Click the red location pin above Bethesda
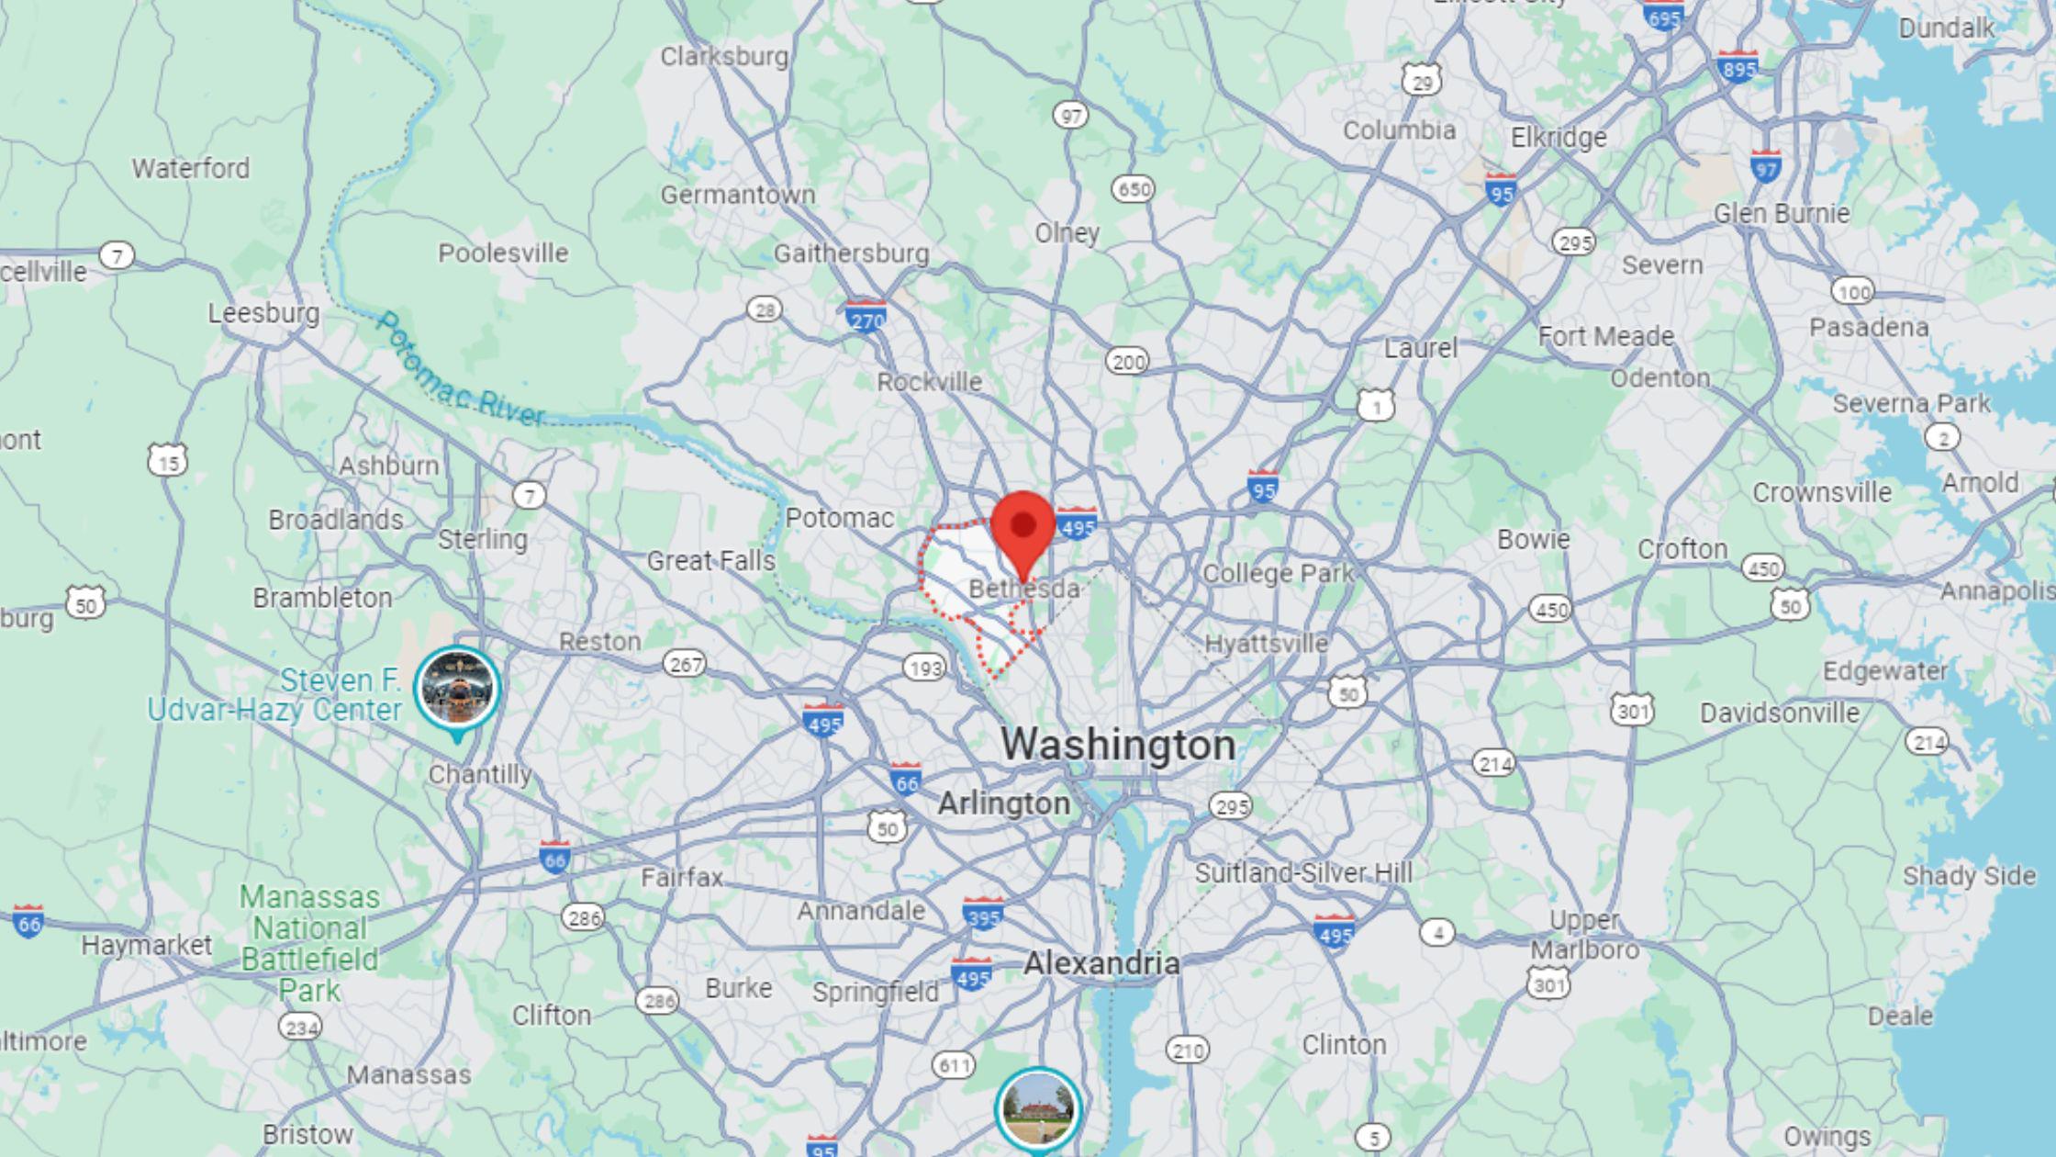[1022, 530]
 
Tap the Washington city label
[1117, 745]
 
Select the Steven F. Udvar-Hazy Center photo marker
[457, 689]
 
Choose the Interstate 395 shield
[982, 914]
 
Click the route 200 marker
[1127, 362]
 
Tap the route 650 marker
[1133, 189]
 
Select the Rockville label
[929, 382]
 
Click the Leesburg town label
[263, 314]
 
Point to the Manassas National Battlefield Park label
[309, 943]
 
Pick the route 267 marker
[685, 663]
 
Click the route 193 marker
[924, 668]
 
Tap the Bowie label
[1533, 539]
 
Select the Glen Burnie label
[1781, 214]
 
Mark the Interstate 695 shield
[1663, 16]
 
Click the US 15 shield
[168, 460]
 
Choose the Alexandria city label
[1101, 963]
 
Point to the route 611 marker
[953, 1065]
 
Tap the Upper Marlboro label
[1584, 934]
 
